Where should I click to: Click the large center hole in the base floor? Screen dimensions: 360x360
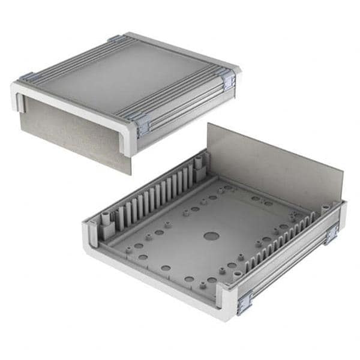point(211,236)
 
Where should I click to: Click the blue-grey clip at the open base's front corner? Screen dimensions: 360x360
point(244,302)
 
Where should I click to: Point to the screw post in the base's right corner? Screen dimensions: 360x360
point(326,209)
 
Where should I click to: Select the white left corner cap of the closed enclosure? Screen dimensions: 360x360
point(18,96)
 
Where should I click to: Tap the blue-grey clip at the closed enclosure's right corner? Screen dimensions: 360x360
point(228,79)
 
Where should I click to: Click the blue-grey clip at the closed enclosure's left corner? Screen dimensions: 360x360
point(26,77)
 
